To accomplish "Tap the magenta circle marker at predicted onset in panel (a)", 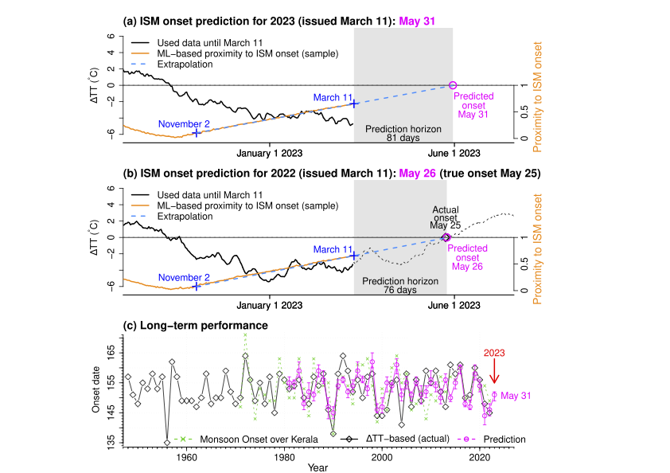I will click(x=453, y=84).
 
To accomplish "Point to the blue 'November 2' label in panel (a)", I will click(x=185, y=124).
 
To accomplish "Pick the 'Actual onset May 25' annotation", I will click(x=446, y=217).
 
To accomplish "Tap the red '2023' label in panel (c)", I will click(x=494, y=353).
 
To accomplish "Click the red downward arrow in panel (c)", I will click(x=494, y=371).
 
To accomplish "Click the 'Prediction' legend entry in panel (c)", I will click(x=503, y=438).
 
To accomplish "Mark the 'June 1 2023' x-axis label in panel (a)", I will click(x=454, y=151).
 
